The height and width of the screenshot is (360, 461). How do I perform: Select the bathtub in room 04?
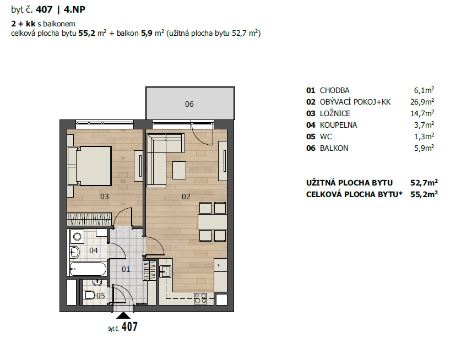point(88,269)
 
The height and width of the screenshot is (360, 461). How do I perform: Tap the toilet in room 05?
point(88,296)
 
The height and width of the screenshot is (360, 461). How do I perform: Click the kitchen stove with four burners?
point(200,299)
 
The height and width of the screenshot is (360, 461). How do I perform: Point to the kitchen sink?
point(166,271)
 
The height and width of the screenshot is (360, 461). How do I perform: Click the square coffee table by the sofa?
point(179,170)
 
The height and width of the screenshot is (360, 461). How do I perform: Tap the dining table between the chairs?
point(212,222)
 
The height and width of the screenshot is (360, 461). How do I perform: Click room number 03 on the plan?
point(104,197)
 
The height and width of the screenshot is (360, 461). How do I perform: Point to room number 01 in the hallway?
point(126,269)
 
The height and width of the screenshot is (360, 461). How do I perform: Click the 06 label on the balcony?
point(189,104)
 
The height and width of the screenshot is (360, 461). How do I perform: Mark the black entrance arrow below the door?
point(123,315)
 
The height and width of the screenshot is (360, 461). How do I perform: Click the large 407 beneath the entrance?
point(129,327)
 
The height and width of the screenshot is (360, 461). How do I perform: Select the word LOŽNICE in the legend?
point(335,113)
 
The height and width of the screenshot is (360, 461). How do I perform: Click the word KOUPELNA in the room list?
point(338,125)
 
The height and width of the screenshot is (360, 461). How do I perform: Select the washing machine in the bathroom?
point(77,238)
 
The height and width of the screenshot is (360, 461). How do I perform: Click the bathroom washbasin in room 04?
point(74,253)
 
